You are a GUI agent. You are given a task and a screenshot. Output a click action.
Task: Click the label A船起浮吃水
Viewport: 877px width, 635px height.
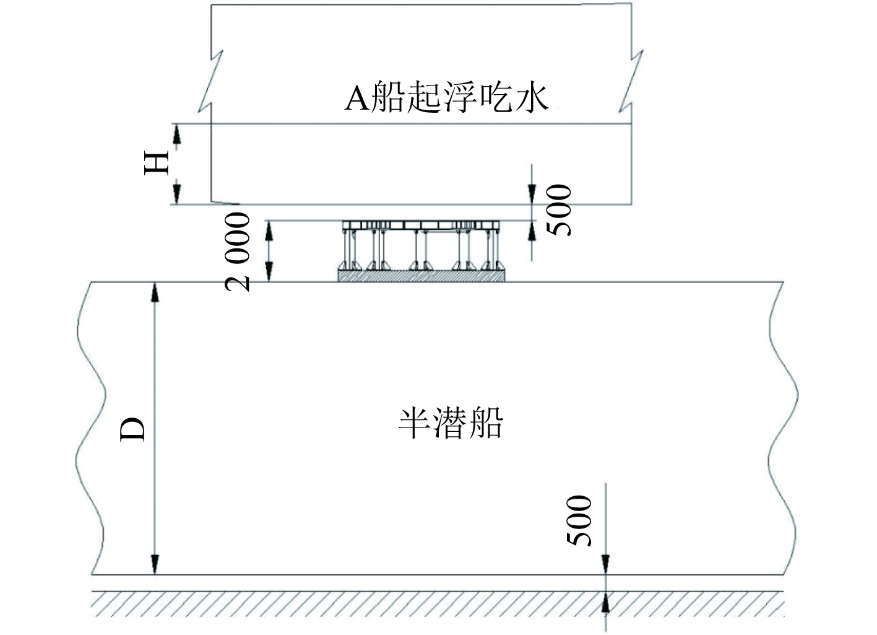(446, 99)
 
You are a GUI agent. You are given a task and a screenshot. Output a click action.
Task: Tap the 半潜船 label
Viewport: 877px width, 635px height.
(450, 424)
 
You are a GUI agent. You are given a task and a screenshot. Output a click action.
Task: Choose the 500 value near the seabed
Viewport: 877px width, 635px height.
(579, 520)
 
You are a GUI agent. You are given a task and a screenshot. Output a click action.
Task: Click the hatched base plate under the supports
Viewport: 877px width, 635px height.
(421, 276)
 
